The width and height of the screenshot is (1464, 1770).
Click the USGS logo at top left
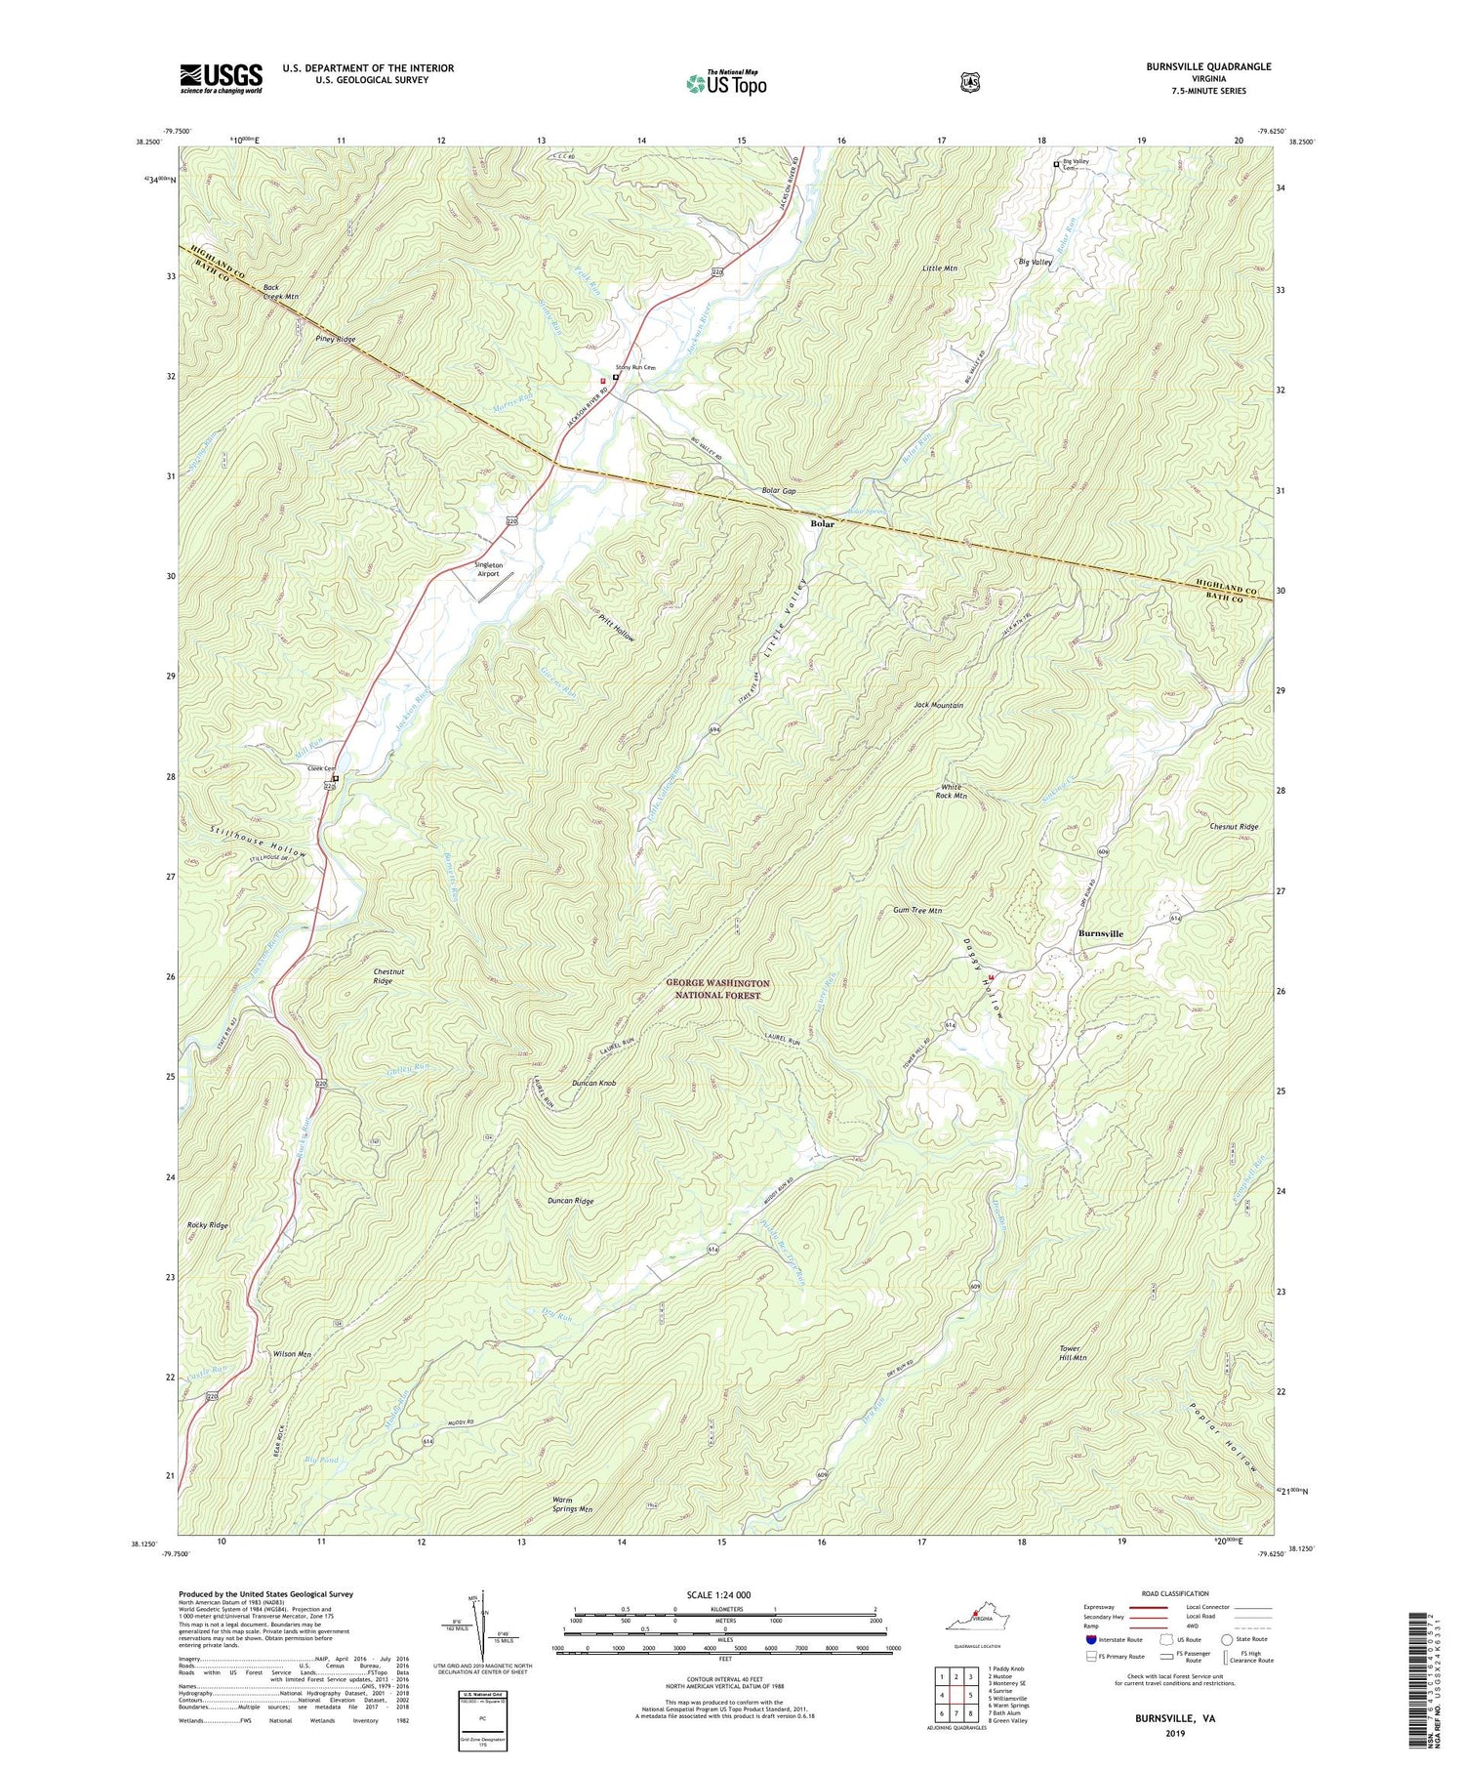(221, 78)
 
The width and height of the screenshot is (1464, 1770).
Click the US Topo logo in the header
(726, 82)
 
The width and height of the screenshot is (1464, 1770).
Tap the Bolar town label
(822, 523)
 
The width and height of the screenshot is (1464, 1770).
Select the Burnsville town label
(1100, 933)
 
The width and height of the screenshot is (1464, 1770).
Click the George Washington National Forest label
(717, 989)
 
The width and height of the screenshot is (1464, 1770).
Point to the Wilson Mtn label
(292, 1354)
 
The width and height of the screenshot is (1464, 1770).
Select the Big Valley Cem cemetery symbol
(1055, 164)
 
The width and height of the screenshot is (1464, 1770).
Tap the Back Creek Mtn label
(280, 292)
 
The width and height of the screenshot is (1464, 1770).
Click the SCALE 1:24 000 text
(725, 1595)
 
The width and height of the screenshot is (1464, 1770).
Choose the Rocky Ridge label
(207, 1225)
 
